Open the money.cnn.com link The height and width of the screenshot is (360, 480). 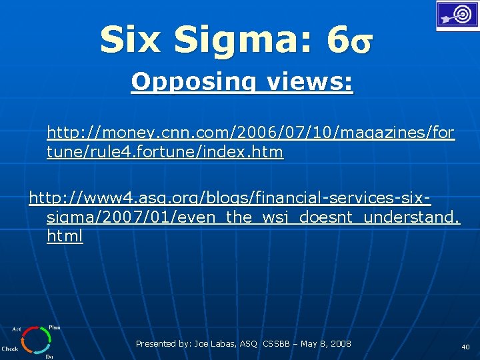tap(251, 133)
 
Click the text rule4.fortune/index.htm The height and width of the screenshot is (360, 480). tap(165, 152)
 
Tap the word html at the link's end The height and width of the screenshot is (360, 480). tap(65, 236)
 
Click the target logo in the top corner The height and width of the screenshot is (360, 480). tap(457, 15)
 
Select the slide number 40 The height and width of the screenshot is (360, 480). tap(465, 347)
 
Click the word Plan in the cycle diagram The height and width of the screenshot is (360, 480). tap(55, 327)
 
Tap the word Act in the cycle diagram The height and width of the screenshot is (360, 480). tap(17, 329)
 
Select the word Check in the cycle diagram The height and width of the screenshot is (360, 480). tap(10, 348)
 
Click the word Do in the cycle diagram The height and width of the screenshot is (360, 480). tap(49, 357)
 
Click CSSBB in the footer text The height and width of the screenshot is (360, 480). tap(277, 344)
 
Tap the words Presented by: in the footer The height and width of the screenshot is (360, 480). tap(163, 344)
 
